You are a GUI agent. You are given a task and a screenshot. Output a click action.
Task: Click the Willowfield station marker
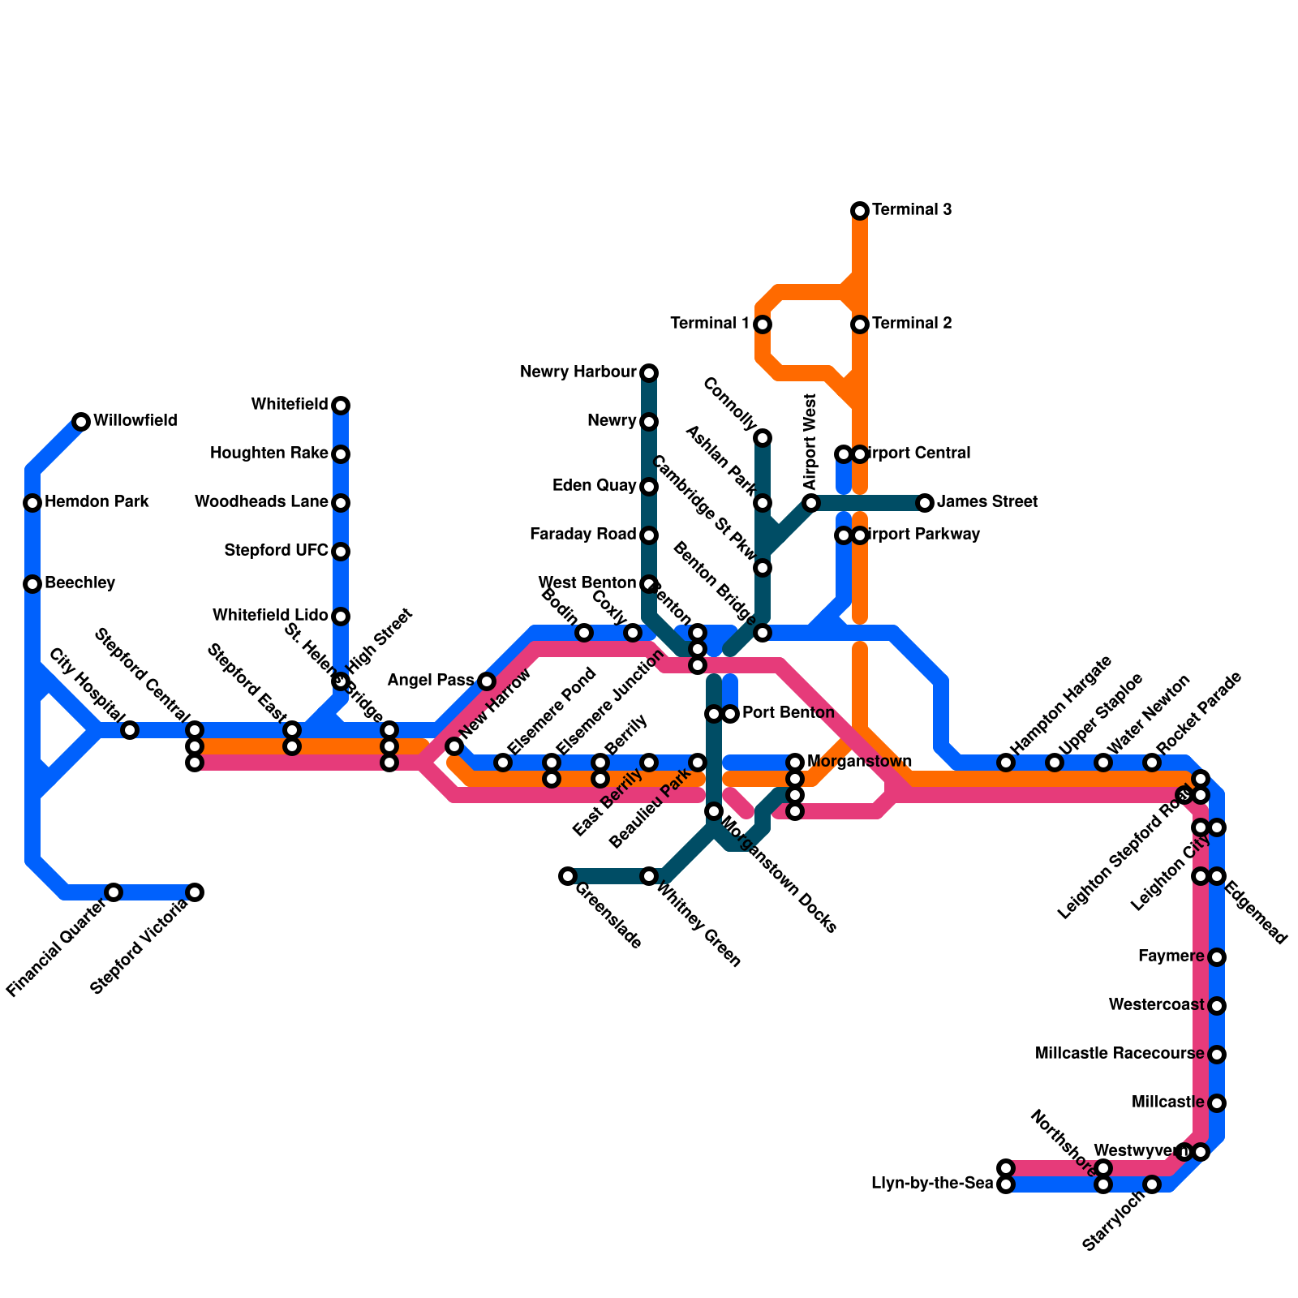click(81, 421)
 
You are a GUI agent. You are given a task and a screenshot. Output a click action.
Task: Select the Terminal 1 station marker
click(763, 324)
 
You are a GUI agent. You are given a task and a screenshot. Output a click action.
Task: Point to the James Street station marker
click(925, 503)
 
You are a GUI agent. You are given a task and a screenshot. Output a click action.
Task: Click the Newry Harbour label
click(578, 372)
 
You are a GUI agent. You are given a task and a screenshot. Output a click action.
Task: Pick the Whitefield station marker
click(341, 405)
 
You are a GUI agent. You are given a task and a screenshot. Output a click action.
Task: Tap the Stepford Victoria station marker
click(195, 892)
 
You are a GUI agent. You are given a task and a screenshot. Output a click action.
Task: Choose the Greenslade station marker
click(568, 876)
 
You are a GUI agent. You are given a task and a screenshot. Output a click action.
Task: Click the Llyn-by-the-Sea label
click(932, 1184)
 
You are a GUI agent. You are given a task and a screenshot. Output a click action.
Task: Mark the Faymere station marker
click(1217, 957)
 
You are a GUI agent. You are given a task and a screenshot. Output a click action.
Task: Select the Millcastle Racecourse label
click(1120, 1054)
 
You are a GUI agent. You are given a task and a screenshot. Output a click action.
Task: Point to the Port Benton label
click(788, 713)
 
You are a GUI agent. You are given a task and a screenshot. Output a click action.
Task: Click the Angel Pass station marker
click(487, 681)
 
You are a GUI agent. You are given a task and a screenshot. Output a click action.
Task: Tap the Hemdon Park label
click(97, 502)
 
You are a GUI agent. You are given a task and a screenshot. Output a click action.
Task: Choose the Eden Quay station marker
click(649, 487)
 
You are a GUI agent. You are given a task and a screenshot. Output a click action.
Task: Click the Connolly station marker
click(763, 438)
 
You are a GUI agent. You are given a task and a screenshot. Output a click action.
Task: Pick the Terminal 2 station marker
click(860, 324)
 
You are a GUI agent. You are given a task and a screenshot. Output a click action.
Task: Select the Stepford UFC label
click(276, 551)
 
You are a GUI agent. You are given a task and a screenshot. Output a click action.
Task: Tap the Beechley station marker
click(32, 583)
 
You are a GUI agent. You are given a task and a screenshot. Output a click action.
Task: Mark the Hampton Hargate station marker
click(1006, 762)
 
